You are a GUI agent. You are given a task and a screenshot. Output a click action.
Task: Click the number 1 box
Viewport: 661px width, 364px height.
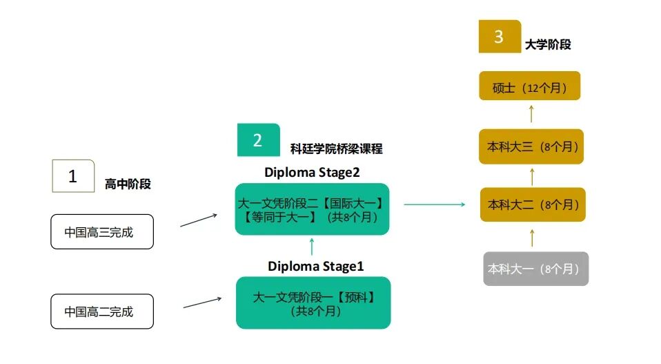click(x=73, y=176)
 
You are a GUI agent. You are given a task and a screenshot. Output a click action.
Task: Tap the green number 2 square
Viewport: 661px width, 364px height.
click(x=258, y=140)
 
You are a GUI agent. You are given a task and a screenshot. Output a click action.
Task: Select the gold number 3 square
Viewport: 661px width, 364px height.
click(x=500, y=37)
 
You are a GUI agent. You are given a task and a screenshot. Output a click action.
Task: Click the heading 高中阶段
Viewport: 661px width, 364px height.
click(x=128, y=184)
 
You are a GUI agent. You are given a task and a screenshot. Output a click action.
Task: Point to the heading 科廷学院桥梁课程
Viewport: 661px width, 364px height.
click(x=336, y=149)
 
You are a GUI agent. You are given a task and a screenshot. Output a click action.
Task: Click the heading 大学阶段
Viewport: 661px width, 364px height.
click(x=548, y=45)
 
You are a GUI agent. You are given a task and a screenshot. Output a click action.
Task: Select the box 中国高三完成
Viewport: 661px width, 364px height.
click(x=102, y=232)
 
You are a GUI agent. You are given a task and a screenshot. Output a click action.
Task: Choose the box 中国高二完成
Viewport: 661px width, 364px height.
click(x=102, y=312)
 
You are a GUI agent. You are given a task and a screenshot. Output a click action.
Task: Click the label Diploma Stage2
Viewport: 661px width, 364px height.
click(x=313, y=172)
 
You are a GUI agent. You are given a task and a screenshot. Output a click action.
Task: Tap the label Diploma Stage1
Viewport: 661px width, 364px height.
click(x=315, y=266)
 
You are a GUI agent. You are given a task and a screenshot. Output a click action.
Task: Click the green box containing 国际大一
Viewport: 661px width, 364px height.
click(x=312, y=209)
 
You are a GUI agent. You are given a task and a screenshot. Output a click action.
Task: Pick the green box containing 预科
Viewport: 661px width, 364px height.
click(x=313, y=303)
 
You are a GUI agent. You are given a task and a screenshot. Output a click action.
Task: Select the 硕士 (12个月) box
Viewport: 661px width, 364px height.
click(x=530, y=88)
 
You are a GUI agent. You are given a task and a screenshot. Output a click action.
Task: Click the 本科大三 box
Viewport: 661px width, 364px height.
click(x=532, y=146)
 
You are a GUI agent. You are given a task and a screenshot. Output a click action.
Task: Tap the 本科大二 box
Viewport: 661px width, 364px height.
click(x=532, y=204)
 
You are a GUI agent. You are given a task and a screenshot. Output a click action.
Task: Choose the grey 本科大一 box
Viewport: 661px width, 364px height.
click(x=535, y=269)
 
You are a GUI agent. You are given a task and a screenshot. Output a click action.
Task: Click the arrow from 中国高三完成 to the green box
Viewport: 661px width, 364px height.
click(x=199, y=220)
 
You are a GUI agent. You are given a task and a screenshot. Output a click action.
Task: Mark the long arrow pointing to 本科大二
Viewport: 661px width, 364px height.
click(x=434, y=204)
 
